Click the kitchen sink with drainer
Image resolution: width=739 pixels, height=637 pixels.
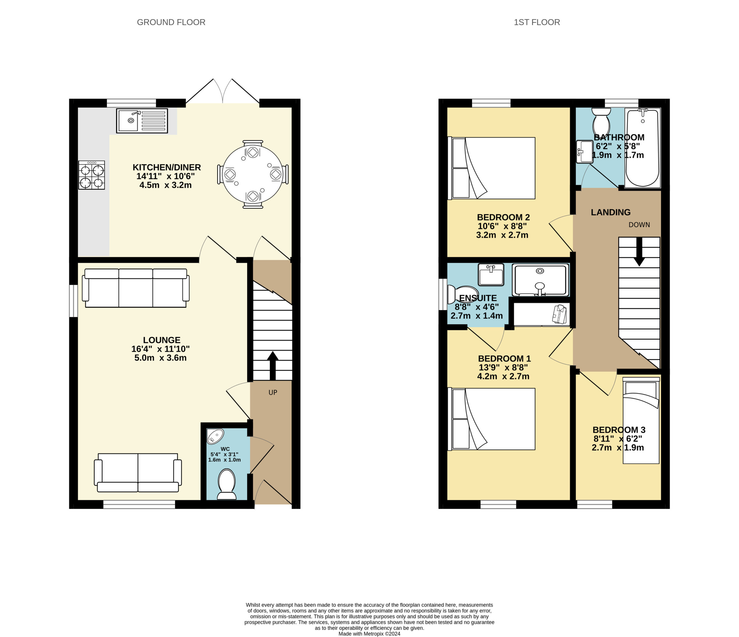pyautogui.click(x=142, y=121)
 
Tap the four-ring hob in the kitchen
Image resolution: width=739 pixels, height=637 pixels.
pyautogui.click(x=92, y=175)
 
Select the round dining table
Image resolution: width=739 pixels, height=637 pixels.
pyautogui.click(x=253, y=174)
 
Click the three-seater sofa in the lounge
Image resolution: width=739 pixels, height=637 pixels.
pyautogui.click(x=135, y=288)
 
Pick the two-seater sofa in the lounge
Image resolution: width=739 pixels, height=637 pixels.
pyautogui.click(x=138, y=473)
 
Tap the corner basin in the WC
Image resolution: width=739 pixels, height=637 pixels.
pyautogui.click(x=215, y=435)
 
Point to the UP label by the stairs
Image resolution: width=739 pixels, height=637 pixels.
pyautogui.click(x=273, y=392)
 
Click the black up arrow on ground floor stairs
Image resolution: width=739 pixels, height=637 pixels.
pyautogui.click(x=273, y=366)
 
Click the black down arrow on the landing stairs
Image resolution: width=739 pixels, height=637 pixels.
pyautogui.click(x=639, y=252)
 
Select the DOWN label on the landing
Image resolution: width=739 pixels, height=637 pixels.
pyautogui.click(x=639, y=225)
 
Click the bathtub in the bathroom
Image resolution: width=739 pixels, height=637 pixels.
pyautogui.click(x=643, y=148)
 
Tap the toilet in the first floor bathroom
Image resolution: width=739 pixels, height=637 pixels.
pyautogui.click(x=601, y=121)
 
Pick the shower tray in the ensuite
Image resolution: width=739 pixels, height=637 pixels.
pyautogui.click(x=540, y=280)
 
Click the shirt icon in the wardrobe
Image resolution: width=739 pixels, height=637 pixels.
pyautogui.click(x=559, y=314)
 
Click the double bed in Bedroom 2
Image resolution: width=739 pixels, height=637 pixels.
pyautogui.click(x=492, y=168)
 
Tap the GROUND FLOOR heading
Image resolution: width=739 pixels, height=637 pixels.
pyautogui.click(x=171, y=22)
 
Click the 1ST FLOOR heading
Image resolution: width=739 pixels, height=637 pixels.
pyautogui.click(x=537, y=22)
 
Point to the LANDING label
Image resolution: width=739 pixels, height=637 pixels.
pyautogui.click(x=611, y=212)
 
